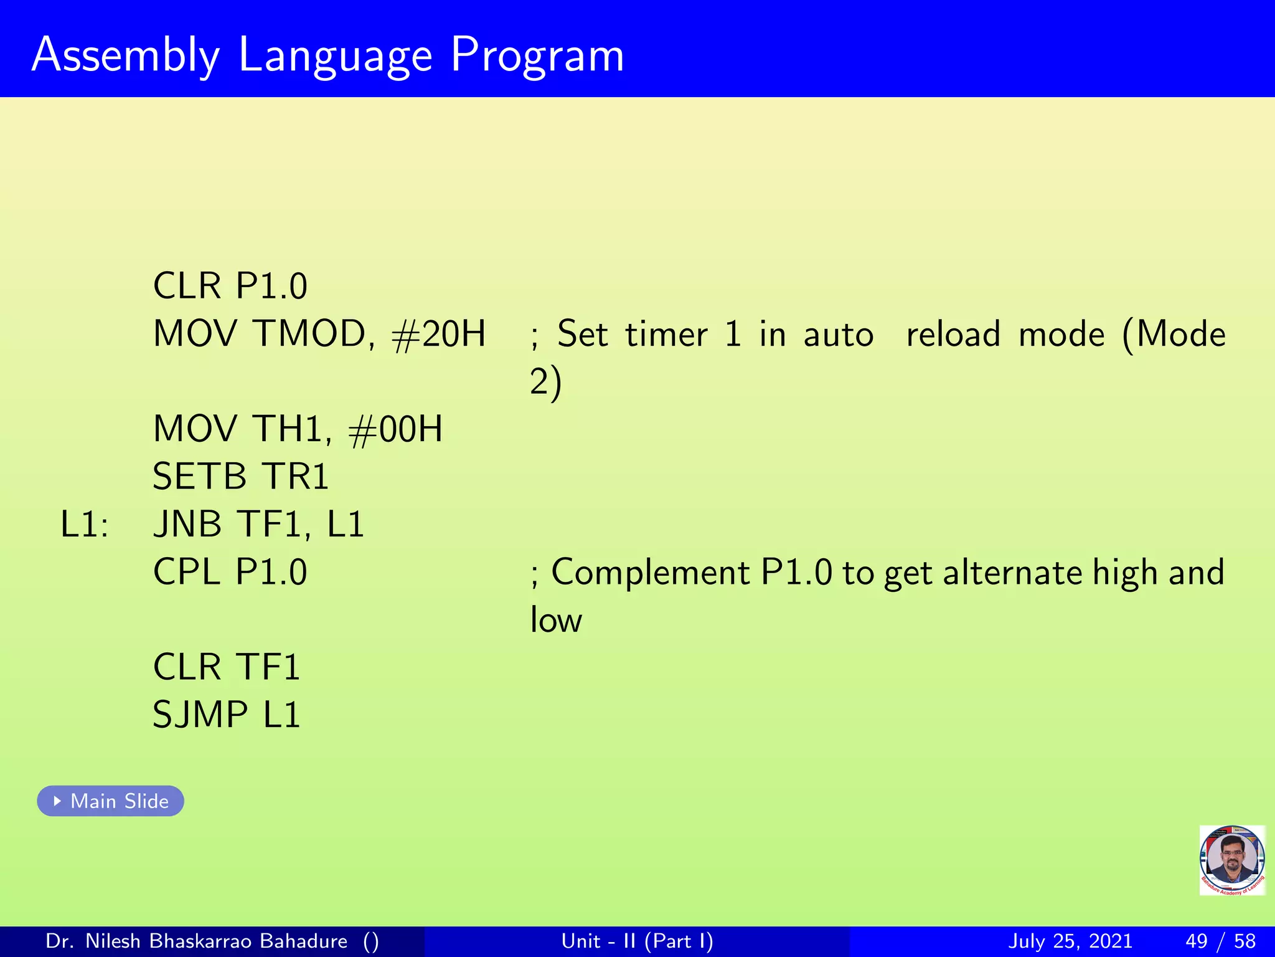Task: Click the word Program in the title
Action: pos(537,56)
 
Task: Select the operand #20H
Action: pos(439,334)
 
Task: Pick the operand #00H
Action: pos(396,429)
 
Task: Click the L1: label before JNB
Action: pos(84,525)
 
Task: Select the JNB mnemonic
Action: pos(187,525)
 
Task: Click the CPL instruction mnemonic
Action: pos(186,572)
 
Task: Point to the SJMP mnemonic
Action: pos(200,715)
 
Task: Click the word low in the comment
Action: pos(556,621)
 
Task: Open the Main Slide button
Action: pos(111,801)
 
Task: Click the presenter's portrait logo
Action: pos(1232,860)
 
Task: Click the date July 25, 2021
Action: pos(1070,941)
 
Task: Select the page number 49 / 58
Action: pos(1220,941)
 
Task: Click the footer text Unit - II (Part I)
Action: pos(637,941)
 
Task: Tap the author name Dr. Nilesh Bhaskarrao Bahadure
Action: pos(197,941)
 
